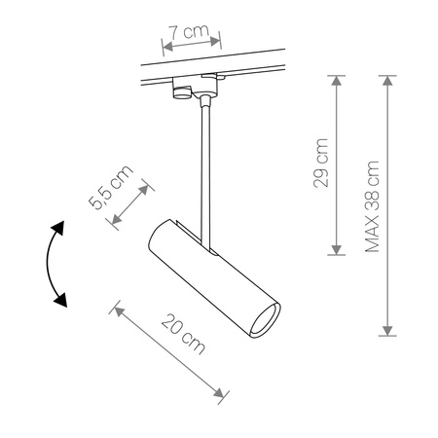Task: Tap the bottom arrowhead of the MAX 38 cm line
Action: [389, 329]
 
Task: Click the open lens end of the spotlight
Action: [265, 322]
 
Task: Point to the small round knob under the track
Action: [181, 92]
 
